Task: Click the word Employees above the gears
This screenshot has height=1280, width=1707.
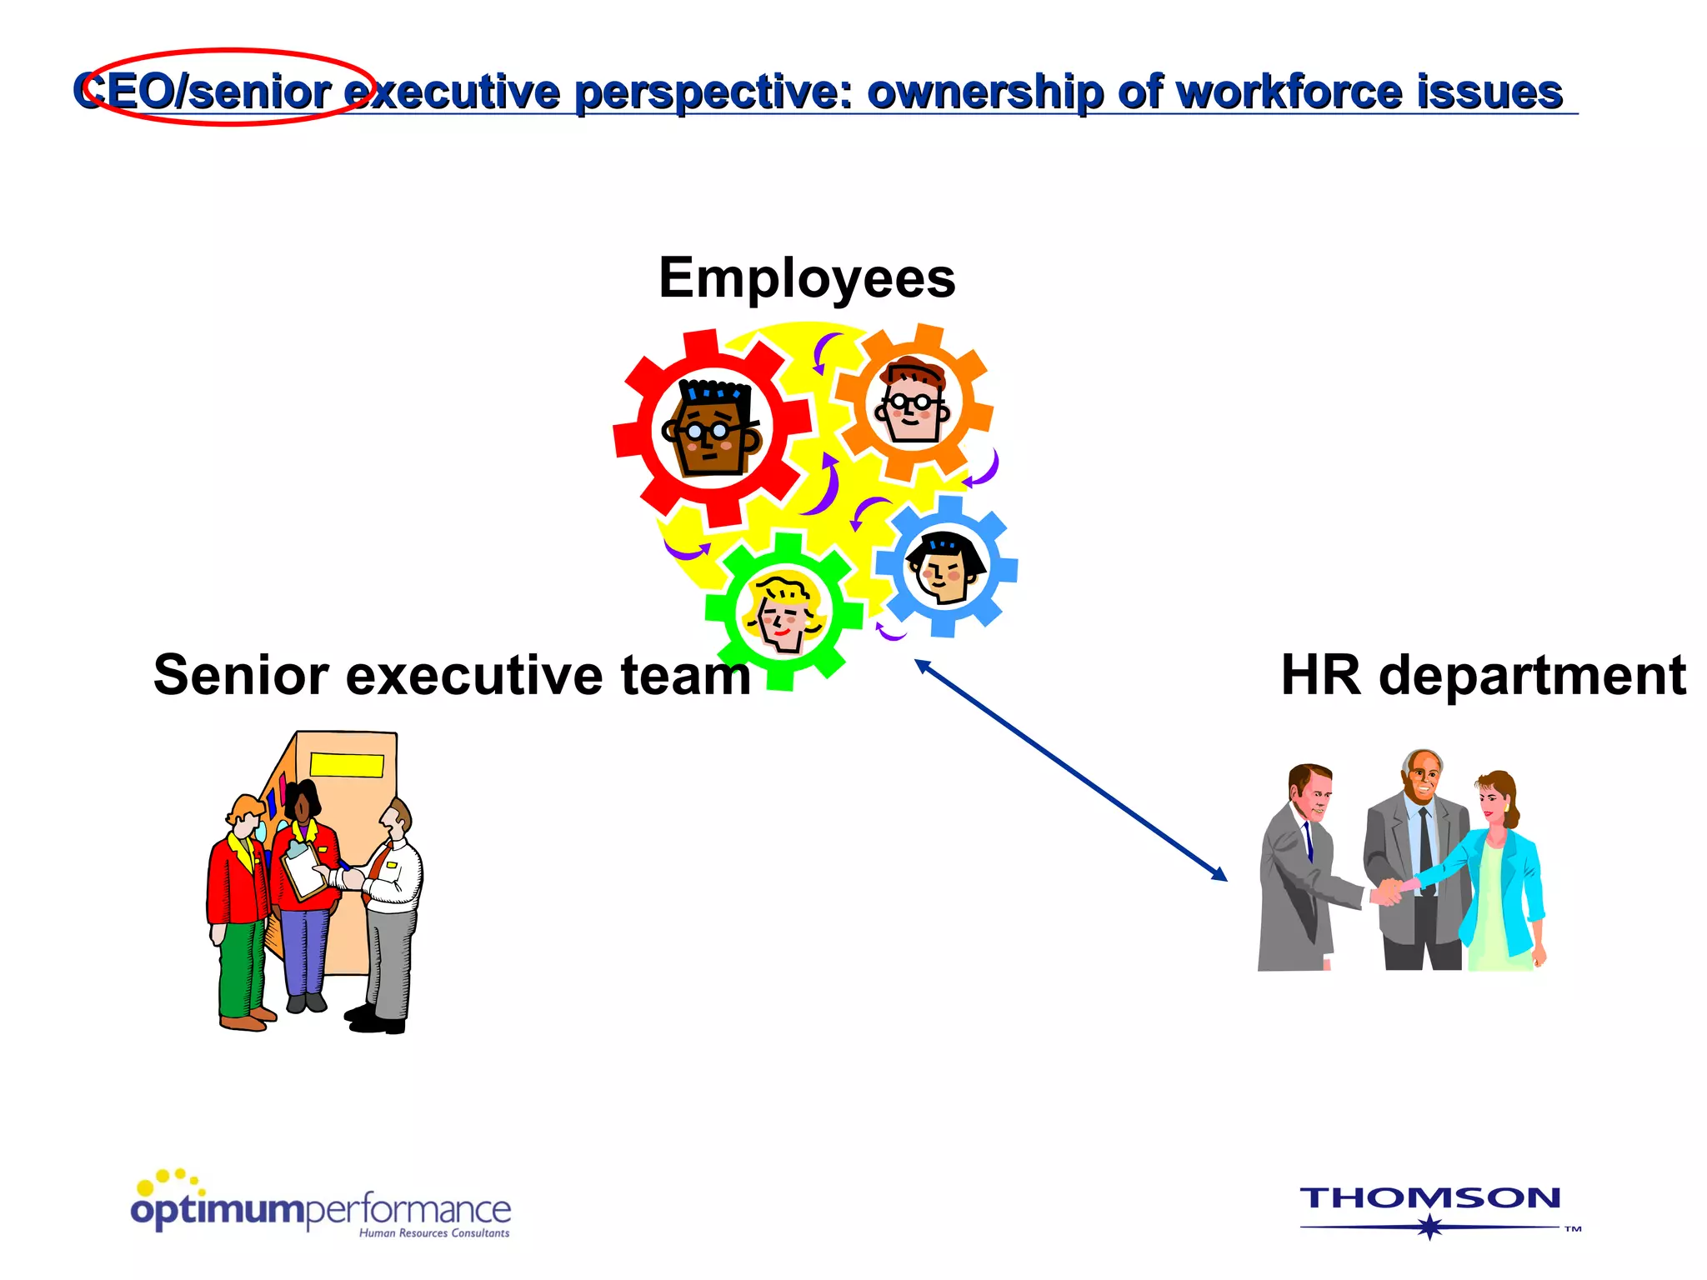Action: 807,278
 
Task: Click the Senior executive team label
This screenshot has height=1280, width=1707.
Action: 452,675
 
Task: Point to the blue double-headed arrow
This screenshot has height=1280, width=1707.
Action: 1071,769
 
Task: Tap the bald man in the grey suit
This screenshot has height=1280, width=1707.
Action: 1417,858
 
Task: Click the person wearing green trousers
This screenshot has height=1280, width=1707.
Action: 240,917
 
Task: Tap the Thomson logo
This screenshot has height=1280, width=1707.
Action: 1430,1208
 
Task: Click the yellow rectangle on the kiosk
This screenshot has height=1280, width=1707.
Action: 347,765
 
